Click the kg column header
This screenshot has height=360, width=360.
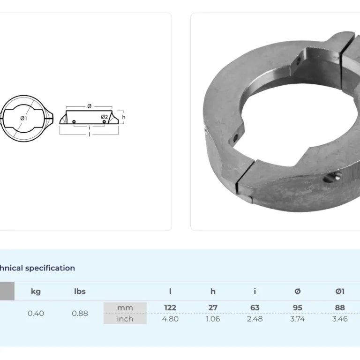36,292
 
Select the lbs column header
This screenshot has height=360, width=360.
80,292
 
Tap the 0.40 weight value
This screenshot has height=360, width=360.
36,313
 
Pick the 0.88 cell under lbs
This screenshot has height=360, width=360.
80,313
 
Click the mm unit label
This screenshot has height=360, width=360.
125,307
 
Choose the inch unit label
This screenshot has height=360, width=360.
125,319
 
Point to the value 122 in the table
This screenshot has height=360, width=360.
170,307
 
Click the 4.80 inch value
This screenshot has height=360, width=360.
170,319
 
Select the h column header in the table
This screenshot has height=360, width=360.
213,292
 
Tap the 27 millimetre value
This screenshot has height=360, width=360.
213,307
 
